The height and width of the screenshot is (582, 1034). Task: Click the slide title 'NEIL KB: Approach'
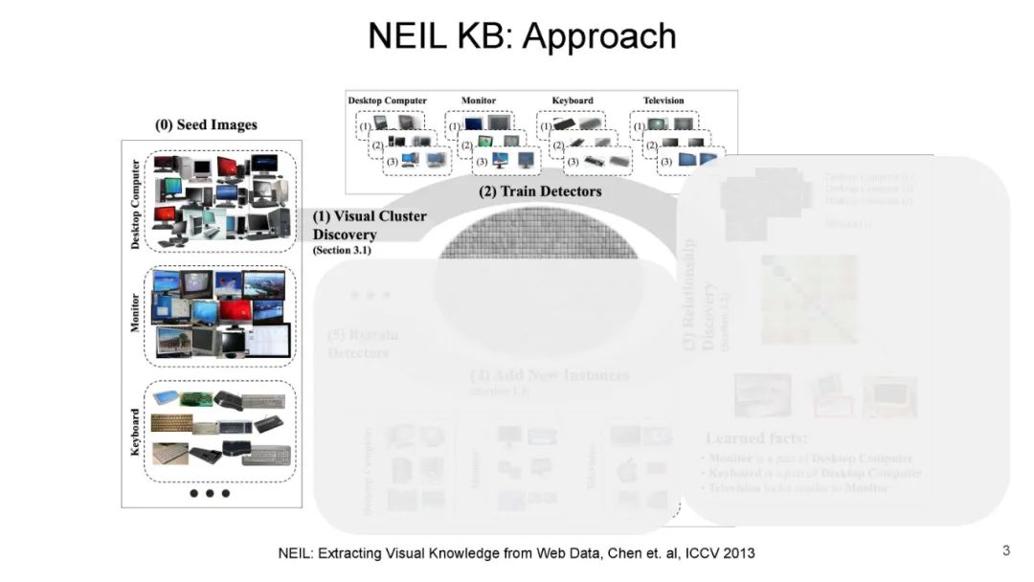click(x=522, y=37)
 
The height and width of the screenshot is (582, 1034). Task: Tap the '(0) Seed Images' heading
click(x=206, y=125)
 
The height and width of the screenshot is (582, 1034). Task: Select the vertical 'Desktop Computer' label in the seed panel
click(x=135, y=204)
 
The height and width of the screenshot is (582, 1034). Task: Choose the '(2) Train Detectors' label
click(x=540, y=191)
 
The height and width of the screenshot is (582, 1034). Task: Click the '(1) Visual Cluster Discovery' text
click(x=370, y=225)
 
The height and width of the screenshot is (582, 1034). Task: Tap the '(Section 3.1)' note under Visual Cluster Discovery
click(x=342, y=251)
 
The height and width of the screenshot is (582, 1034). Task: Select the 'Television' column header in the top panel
click(x=663, y=101)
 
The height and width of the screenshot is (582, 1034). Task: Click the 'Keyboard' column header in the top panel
click(x=573, y=101)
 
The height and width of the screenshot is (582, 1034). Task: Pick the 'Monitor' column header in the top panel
click(x=479, y=101)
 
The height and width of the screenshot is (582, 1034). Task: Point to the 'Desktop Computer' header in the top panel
click(x=387, y=101)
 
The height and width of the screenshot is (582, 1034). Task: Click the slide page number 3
click(x=1006, y=550)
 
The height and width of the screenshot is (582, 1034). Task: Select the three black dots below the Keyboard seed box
click(x=210, y=494)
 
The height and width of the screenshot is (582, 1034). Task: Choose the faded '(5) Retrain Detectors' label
click(x=362, y=344)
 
